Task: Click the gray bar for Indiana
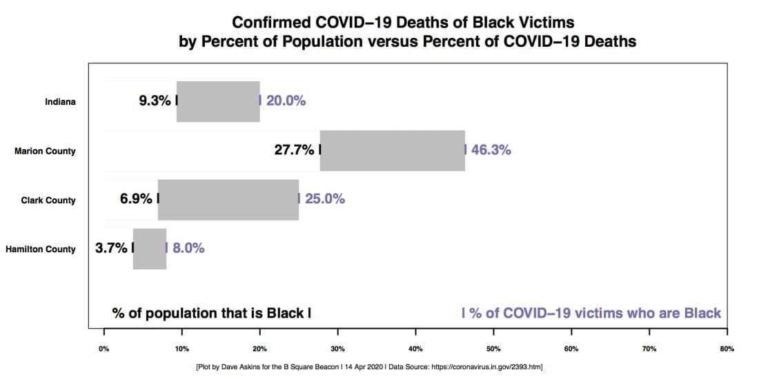pyautogui.click(x=218, y=101)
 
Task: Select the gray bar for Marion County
pyautogui.click(x=392, y=150)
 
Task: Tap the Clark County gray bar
pyautogui.click(x=228, y=200)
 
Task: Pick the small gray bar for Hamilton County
pyautogui.click(x=150, y=249)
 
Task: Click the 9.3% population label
pyautogui.click(x=155, y=101)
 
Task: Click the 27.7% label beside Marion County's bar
pyautogui.click(x=295, y=150)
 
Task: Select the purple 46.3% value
pyautogui.click(x=491, y=150)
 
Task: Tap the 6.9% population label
pyautogui.click(x=136, y=199)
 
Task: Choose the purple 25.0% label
pyautogui.click(x=324, y=199)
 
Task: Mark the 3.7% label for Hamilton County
pyautogui.click(x=111, y=248)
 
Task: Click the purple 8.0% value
pyautogui.click(x=188, y=248)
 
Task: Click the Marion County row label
pyautogui.click(x=45, y=151)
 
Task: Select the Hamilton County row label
pyautogui.click(x=41, y=249)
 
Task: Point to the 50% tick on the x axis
pyautogui.click(x=493, y=349)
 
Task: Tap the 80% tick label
pyautogui.click(x=727, y=349)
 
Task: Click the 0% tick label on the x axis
pyautogui.click(x=104, y=349)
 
